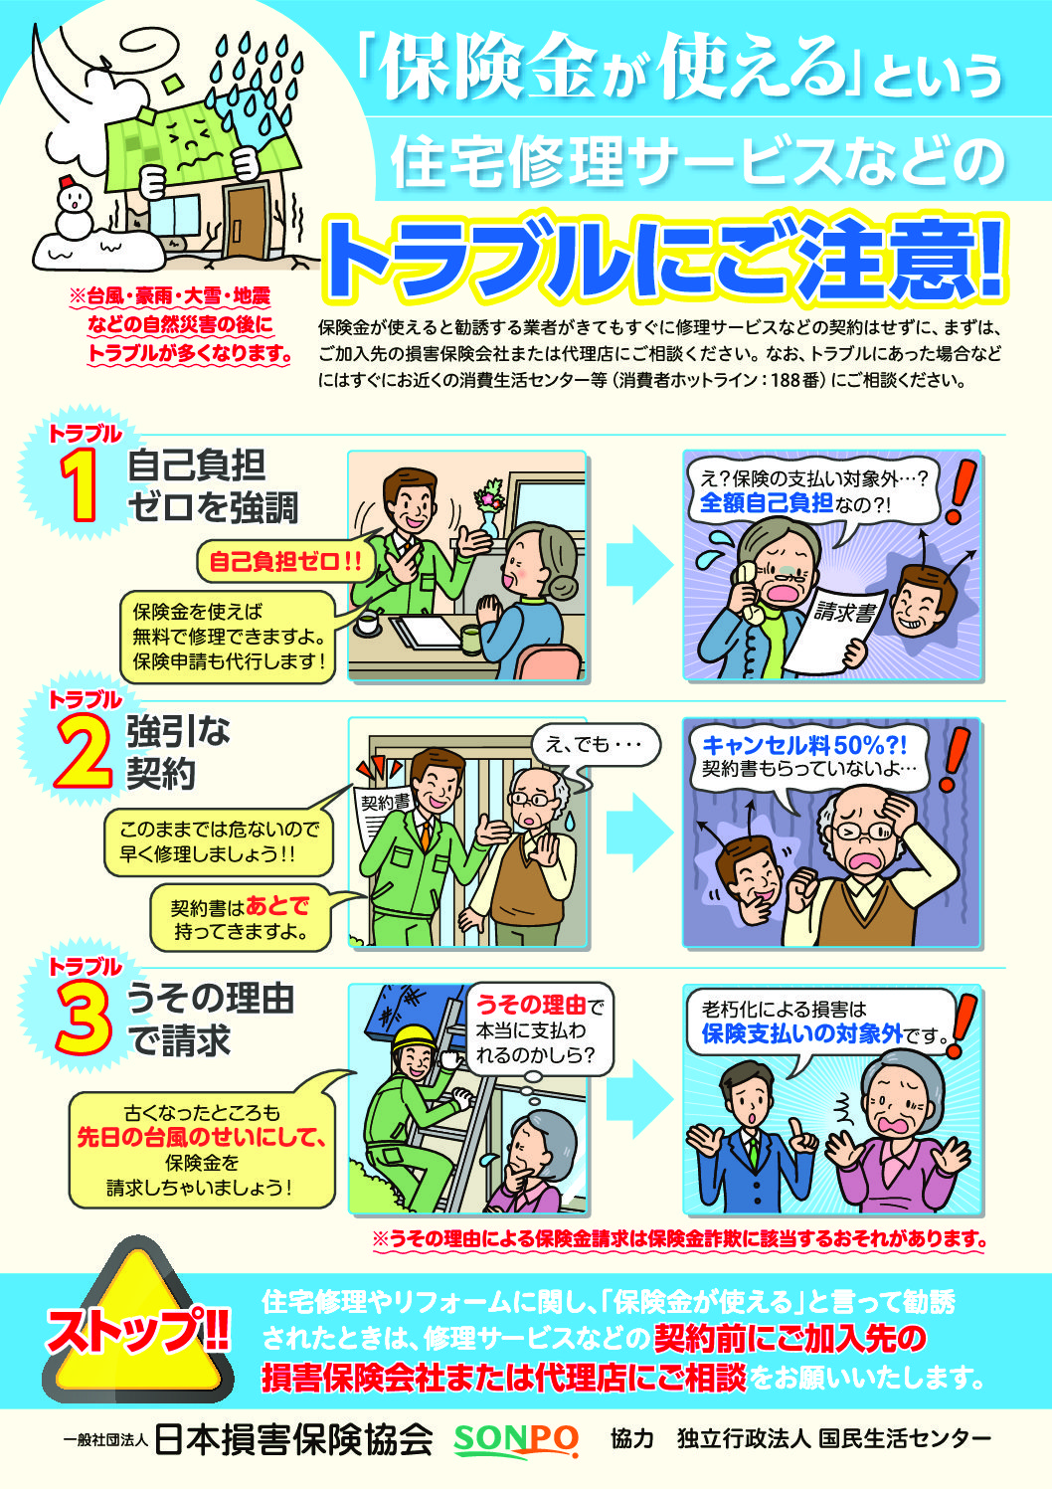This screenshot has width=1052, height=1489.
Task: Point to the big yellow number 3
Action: (x=83, y=1019)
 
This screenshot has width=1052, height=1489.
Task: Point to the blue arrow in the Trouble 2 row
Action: (x=639, y=832)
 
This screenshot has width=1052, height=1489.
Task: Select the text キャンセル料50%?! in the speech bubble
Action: (x=803, y=745)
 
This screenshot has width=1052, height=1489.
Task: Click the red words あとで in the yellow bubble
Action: (x=277, y=905)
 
